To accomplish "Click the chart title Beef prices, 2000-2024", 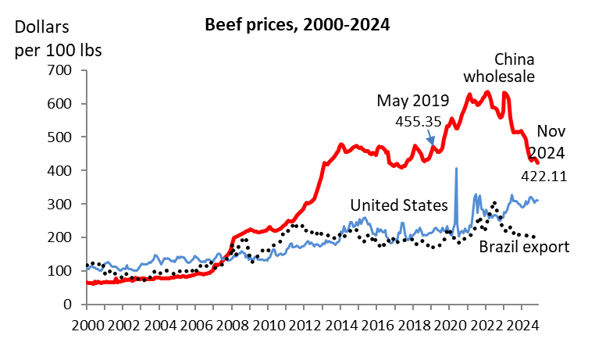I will [x=297, y=24].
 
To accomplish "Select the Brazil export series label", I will [x=523, y=248].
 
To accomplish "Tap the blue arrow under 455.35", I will [x=432, y=137].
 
